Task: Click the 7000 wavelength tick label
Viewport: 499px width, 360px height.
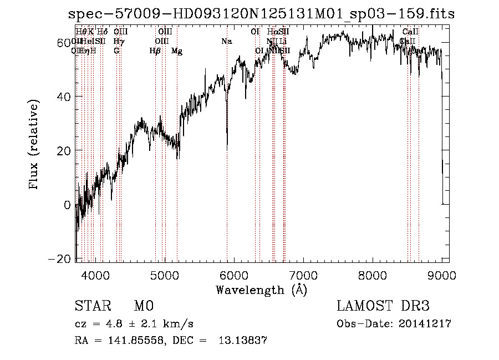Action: [303, 275]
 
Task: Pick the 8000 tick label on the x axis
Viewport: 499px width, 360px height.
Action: [373, 275]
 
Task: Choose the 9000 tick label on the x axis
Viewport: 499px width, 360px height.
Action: [442, 275]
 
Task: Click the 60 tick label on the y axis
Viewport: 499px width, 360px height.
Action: [64, 43]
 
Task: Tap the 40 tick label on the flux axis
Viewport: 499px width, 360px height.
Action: [64, 97]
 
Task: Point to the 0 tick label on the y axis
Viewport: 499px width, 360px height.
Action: [68, 205]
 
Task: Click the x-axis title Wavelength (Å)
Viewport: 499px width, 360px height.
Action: [261, 290]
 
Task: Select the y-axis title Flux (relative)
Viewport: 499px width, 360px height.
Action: [34, 145]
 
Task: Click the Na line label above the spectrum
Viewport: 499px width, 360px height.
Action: [226, 42]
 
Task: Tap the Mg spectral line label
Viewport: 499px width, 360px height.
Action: [177, 51]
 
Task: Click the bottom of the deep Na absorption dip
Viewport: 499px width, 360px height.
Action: [227, 148]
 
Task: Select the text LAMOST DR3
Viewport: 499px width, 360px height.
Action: [383, 306]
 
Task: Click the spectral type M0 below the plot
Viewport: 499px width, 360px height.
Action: [143, 306]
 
